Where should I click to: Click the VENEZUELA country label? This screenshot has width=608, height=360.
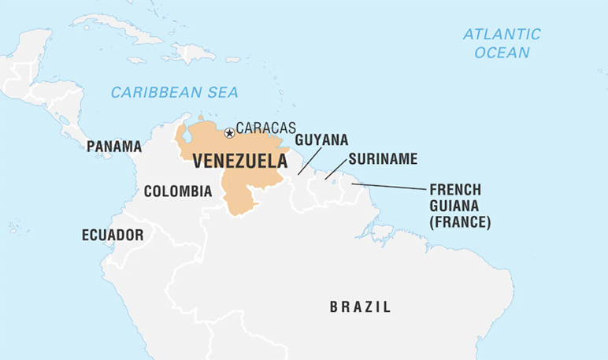pos(239,161)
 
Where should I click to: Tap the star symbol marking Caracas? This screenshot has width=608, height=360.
pos(229,133)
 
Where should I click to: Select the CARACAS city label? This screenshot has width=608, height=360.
pos(266,128)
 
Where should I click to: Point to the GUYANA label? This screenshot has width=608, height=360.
pos(321,139)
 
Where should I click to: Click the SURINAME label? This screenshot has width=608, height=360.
pos(383,159)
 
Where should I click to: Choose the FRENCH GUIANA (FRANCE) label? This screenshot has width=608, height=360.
pos(460,206)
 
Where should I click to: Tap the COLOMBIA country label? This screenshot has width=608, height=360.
pos(178,191)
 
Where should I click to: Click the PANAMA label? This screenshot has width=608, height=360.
pos(114,147)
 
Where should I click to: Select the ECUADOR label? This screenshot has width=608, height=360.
pos(113,235)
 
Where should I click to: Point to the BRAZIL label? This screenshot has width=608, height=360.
pos(360,306)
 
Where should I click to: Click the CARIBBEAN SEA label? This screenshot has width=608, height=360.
pos(174,92)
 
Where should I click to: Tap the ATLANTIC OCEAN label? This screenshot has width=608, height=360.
pos(502,43)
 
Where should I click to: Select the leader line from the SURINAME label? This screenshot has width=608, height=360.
pos(336,169)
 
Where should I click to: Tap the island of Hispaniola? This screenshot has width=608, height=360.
pos(189,53)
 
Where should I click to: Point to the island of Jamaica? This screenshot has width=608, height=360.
pos(136,60)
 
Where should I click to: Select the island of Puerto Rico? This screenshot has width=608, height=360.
pos(232,59)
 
